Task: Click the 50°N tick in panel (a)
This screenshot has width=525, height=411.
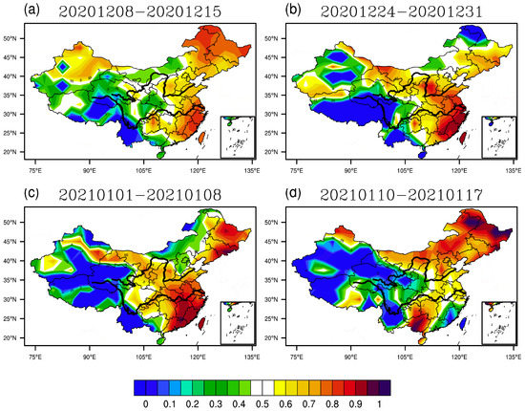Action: point(16,38)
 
